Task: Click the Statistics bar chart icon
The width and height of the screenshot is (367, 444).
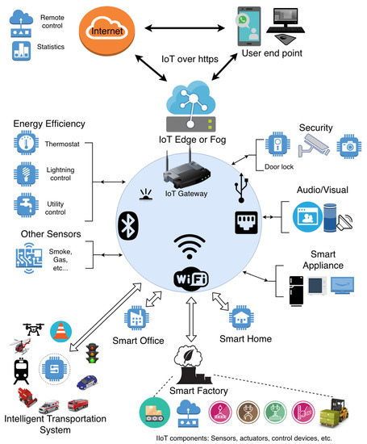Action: coord(21,51)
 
